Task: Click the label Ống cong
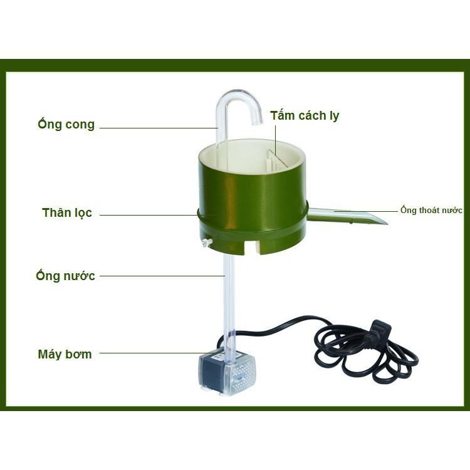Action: [x=66, y=124]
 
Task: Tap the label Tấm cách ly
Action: [x=305, y=116]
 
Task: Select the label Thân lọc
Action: [x=67, y=213]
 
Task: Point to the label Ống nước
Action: [x=66, y=276]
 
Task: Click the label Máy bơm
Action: [x=65, y=354]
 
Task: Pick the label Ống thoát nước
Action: [x=431, y=210]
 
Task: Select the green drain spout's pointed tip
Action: [x=382, y=221]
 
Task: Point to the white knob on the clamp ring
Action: [x=207, y=243]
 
